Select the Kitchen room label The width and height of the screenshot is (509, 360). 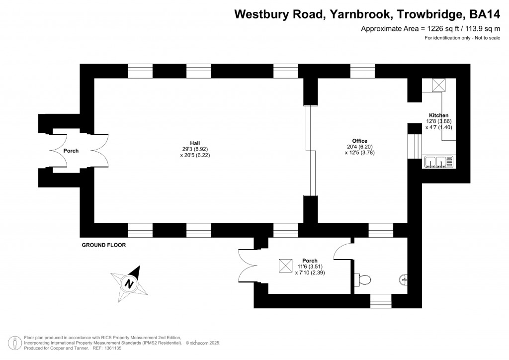[438, 115]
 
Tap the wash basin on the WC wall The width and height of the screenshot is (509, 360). [404, 280]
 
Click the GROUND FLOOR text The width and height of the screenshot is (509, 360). [104, 245]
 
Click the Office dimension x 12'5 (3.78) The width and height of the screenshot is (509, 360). [359, 153]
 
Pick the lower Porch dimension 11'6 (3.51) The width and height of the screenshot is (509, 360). [310, 267]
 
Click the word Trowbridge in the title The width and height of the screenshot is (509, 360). [424, 14]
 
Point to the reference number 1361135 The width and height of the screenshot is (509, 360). [111, 348]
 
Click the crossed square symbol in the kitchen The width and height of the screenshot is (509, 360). [439, 85]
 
